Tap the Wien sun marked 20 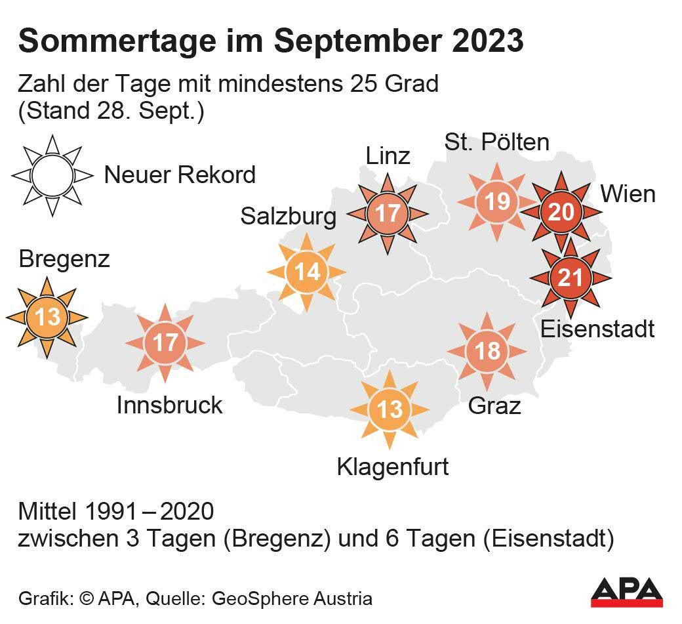pos(560,212)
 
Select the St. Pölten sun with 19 pos(497,201)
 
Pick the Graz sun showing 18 pos(487,351)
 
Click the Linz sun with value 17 pos(387,213)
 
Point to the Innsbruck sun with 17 pos(165,343)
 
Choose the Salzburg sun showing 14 pos(306,272)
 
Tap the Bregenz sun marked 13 pos(47,318)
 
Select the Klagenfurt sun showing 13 pos(390,410)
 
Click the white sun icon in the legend pos(52,176)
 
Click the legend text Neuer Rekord pos(180,175)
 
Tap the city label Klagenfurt pos(392,467)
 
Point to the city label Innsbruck pos(169,405)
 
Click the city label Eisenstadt pos(597,328)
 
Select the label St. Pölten pos(496,142)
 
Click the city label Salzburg pos(288,216)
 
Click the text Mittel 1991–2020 pos(116,512)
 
